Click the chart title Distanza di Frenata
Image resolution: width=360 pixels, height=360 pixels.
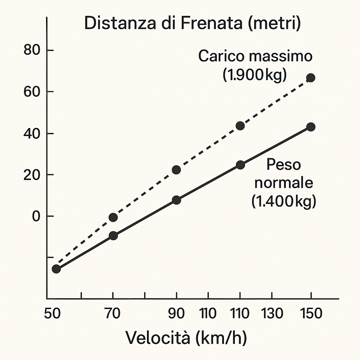pyautogui.click(x=193, y=23)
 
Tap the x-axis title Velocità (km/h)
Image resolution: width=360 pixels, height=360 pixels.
pyautogui.click(x=186, y=338)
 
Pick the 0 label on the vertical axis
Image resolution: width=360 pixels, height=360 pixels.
pyautogui.click(x=37, y=216)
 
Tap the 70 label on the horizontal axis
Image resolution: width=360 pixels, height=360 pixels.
pyautogui.click(x=113, y=313)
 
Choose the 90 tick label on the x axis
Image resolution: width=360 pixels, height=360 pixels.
pyautogui.click(x=176, y=313)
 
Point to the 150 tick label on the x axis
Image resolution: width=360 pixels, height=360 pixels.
pyautogui.click(x=311, y=313)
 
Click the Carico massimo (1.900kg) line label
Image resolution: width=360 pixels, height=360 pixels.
pyautogui.click(x=255, y=65)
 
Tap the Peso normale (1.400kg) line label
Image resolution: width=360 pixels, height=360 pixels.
pyautogui.click(x=284, y=183)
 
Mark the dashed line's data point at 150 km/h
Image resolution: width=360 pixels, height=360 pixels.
pyautogui.click(x=310, y=78)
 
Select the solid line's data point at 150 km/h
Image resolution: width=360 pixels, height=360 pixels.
pyautogui.click(x=310, y=127)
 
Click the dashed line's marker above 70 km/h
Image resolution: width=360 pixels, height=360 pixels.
pyautogui.click(x=113, y=217)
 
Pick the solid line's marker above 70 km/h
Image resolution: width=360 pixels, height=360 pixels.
pyautogui.click(x=113, y=236)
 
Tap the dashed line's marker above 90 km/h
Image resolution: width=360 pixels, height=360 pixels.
pyautogui.click(x=176, y=170)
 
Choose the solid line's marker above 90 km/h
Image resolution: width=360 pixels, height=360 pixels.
pyautogui.click(x=176, y=200)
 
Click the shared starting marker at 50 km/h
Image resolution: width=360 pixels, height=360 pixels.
pyautogui.click(x=56, y=269)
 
